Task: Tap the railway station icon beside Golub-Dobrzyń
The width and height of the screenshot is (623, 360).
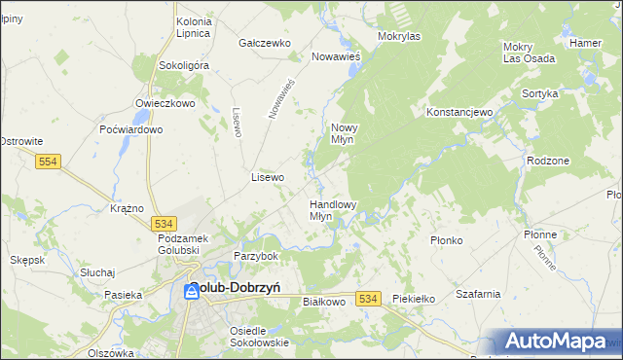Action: coord(192,291)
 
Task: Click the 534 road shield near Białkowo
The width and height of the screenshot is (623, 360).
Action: coord(367,299)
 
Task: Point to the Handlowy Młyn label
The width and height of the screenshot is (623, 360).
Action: coord(333,211)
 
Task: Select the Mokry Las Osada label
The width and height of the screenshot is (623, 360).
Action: coord(529,53)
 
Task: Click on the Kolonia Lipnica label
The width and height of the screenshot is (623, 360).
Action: coord(193,27)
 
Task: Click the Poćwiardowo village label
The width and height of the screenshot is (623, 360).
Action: coord(130,129)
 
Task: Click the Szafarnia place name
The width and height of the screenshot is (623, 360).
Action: coord(477,293)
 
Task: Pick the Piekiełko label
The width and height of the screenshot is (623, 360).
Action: coord(412,299)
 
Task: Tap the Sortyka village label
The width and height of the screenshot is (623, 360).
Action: coord(539,93)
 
